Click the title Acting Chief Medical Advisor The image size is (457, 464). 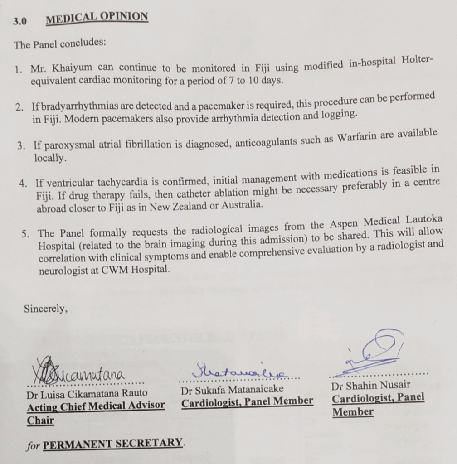pyautogui.click(x=96, y=406)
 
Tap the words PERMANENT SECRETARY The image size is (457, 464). pyautogui.click(x=113, y=443)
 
